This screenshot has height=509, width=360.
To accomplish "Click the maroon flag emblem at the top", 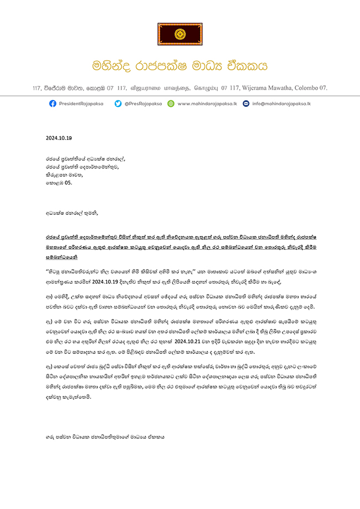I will tap(179, 34).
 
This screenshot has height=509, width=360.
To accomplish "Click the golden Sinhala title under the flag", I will tap(179, 66).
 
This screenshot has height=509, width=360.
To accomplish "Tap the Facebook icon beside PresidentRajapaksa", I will tap(53, 104).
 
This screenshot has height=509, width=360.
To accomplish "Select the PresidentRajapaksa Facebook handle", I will tap(82, 104).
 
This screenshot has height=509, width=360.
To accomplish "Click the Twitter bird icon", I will tap(118, 104).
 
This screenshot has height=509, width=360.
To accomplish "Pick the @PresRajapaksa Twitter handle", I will tap(142, 104).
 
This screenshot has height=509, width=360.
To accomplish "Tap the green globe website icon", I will tap(171, 104).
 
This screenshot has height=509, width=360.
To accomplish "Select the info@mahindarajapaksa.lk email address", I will tap(281, 104).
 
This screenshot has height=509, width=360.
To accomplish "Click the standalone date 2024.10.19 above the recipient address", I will tap(59, 138).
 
